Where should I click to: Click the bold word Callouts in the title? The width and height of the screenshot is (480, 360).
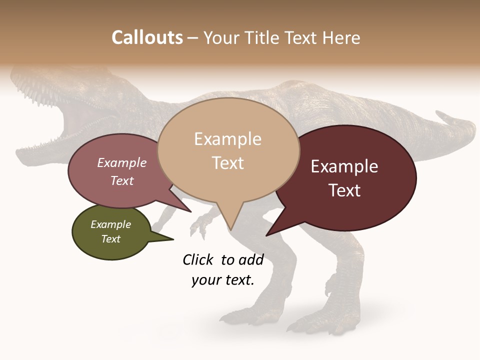coord(147,37)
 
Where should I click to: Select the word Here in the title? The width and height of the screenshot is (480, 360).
coord(342,37)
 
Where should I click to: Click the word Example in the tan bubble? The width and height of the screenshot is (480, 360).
coord(227,139)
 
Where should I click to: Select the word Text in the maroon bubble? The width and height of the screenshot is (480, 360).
coord(344,190)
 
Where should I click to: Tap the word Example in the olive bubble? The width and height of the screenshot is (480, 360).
coord(111,224)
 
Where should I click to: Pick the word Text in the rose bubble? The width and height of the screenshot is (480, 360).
coord(121,180)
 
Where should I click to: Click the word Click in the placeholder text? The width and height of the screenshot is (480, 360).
coord(198,259)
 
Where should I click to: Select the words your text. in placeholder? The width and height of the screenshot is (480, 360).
coord(223,280)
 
